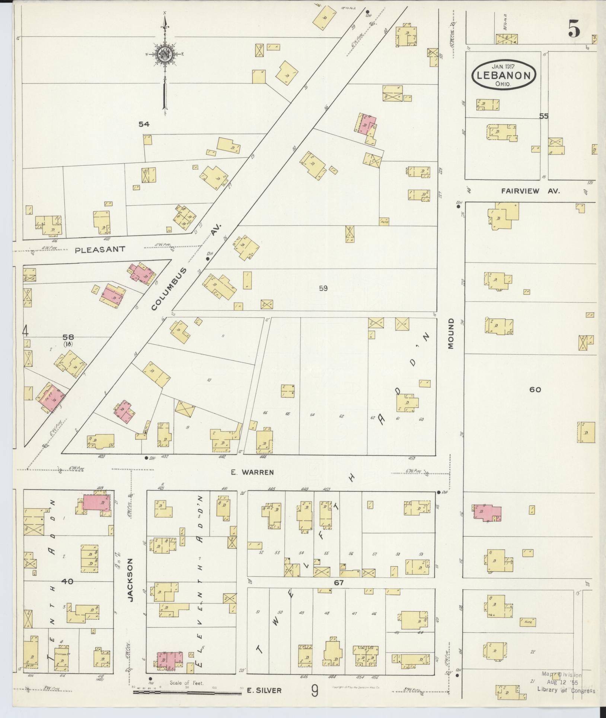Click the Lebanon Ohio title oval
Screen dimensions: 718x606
pyautogui.click(x=503, y=75)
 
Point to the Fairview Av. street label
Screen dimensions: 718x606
pyautogui.click(x=530, y=191)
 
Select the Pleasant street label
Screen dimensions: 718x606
pyautogui.click(x=100, y=250)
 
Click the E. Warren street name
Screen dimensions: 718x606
pyautogui.click(x=252, y=472)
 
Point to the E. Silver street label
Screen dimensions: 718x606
pyautogui.click(x=264, y=690)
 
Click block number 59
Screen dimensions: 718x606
pyautogui.click(x=323, y=288)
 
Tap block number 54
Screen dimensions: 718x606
pyautogui.click(x=144, y=124)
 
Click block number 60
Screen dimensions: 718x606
pyautogui.click(x=535, y=390)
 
